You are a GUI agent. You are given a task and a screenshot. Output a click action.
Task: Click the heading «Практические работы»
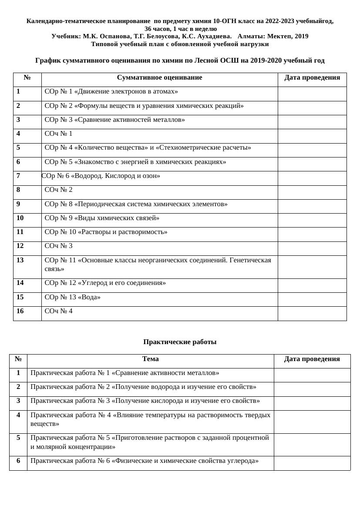point(180,342)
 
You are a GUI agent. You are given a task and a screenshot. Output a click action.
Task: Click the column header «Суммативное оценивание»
point(159,78)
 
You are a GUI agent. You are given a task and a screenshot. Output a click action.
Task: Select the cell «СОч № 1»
point(59,134)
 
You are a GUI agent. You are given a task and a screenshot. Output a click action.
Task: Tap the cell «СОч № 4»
point(59,311)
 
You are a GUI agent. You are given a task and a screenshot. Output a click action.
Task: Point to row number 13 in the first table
point(20,261)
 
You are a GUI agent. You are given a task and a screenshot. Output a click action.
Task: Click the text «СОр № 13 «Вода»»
point(73,298)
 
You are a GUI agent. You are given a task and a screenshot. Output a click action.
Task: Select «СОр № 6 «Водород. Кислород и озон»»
point(101,176)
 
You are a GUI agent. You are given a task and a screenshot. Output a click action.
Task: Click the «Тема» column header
point(150,359)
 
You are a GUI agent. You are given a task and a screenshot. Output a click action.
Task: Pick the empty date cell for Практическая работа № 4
point(312,421)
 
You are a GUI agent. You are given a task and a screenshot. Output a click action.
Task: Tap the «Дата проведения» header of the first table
point(312,78)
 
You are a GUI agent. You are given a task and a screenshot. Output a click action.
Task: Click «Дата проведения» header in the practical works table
point(312,359)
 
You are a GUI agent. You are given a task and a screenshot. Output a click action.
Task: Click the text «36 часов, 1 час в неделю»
point(180,29)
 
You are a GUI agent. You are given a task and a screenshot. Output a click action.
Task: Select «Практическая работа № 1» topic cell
point(125,373)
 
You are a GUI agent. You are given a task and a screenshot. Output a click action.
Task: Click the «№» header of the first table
point(27,78)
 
